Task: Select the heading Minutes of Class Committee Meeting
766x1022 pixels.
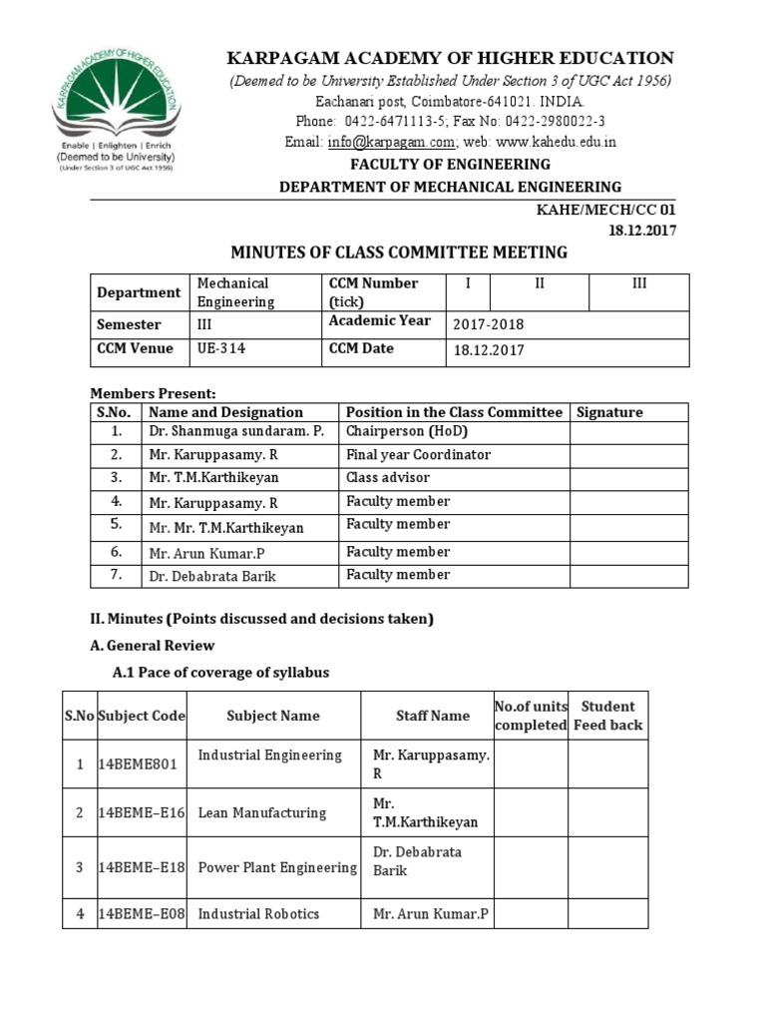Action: click(x=399, y=253)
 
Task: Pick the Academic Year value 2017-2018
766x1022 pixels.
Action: click(x=488, y=324)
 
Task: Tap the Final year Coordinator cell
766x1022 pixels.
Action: click(x=418, y=455)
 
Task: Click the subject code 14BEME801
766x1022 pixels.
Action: click(x=138, y=766)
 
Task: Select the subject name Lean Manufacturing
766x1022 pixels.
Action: click(x=261, y=813)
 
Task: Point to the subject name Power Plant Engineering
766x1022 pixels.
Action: click(x=276, y=866)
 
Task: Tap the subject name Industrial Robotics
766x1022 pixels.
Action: click(x=258, y=913)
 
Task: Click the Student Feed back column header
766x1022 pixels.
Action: click(x=607, y=716)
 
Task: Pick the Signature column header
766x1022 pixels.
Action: click(x=609, y=412)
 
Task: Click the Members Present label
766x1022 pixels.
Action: click(x=153, y=393)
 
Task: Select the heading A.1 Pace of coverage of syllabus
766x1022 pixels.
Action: click(x=220, y=673)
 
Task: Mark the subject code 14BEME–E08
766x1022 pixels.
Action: click(x=141, y=913)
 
